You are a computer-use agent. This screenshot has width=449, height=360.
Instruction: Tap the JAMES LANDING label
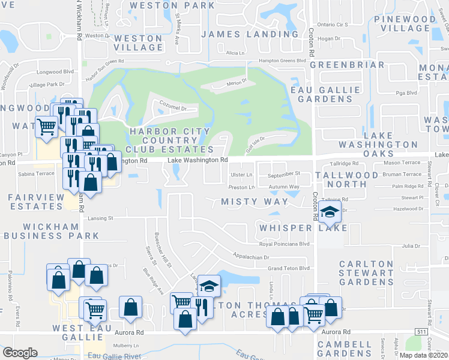click(x=249, y=34)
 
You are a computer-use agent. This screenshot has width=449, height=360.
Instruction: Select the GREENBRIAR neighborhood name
click(x=347, y=65)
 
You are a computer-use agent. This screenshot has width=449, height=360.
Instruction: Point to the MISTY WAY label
click(x=255, y=202)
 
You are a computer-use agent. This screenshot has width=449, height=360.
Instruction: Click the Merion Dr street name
click(x=236, y=82)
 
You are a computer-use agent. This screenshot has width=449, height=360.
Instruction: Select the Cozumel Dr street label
click(x=173, y=109)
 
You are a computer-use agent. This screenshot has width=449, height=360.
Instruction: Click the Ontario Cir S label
click(x=332, y=25)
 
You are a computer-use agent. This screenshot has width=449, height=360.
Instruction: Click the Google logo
click(x=20, y=353)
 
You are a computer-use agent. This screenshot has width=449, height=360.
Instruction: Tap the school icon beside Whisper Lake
click(x=329, y=212)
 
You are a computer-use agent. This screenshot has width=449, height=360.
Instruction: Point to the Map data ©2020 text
click(x=423, y=355)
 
